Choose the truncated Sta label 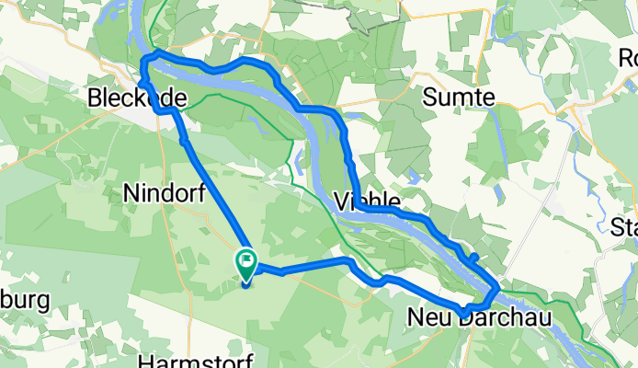point(626,225)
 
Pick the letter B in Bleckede point(97,98)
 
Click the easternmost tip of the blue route point(497,289)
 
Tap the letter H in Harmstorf point(145,360)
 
